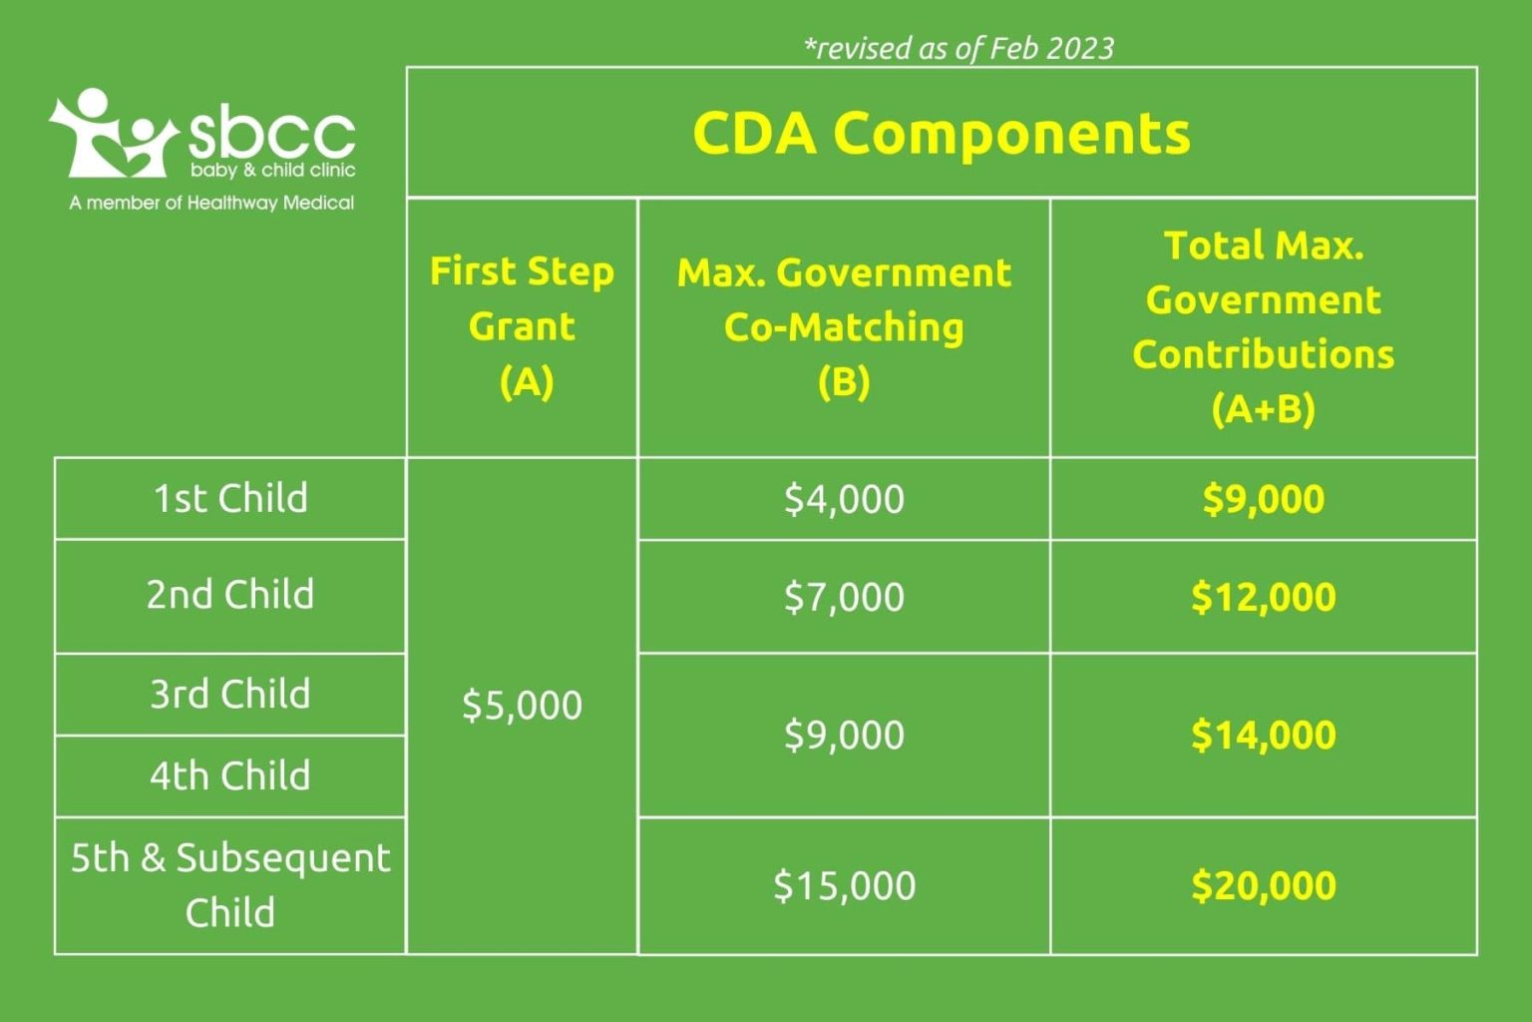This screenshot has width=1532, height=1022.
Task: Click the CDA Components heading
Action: (x=942, y=133)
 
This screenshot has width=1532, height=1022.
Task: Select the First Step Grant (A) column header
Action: (x=522, y=326)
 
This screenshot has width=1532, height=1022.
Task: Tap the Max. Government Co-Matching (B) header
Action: (x=844, y=326)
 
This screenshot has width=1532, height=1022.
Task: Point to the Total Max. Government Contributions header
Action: (x=1263, y=326)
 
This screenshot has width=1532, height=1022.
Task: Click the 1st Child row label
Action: (x=230, y=498)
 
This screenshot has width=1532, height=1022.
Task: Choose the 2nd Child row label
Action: (x=230, y=595)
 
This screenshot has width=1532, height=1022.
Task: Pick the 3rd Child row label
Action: (x=230, y=694)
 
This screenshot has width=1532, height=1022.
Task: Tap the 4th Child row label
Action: (x=230, y=775)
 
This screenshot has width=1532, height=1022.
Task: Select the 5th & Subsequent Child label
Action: (x=230, y=884)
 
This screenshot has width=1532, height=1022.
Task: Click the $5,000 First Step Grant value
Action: (x=522, y=705)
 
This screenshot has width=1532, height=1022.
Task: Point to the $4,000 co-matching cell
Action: (x=844, y=498)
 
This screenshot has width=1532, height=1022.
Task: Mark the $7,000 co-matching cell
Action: (x=844, y=597)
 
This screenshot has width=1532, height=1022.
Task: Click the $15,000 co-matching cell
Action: (x=844, y=885)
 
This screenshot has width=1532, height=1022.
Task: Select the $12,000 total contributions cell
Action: (x=1263, y=597)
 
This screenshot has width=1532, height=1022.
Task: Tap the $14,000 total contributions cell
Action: (x=1263, y=735)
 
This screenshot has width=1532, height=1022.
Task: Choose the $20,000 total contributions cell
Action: (x=1263, y=885)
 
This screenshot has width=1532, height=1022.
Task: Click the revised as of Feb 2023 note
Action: (x=958, y=48)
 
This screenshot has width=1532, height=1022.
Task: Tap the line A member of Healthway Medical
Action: (x=211, y=203)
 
